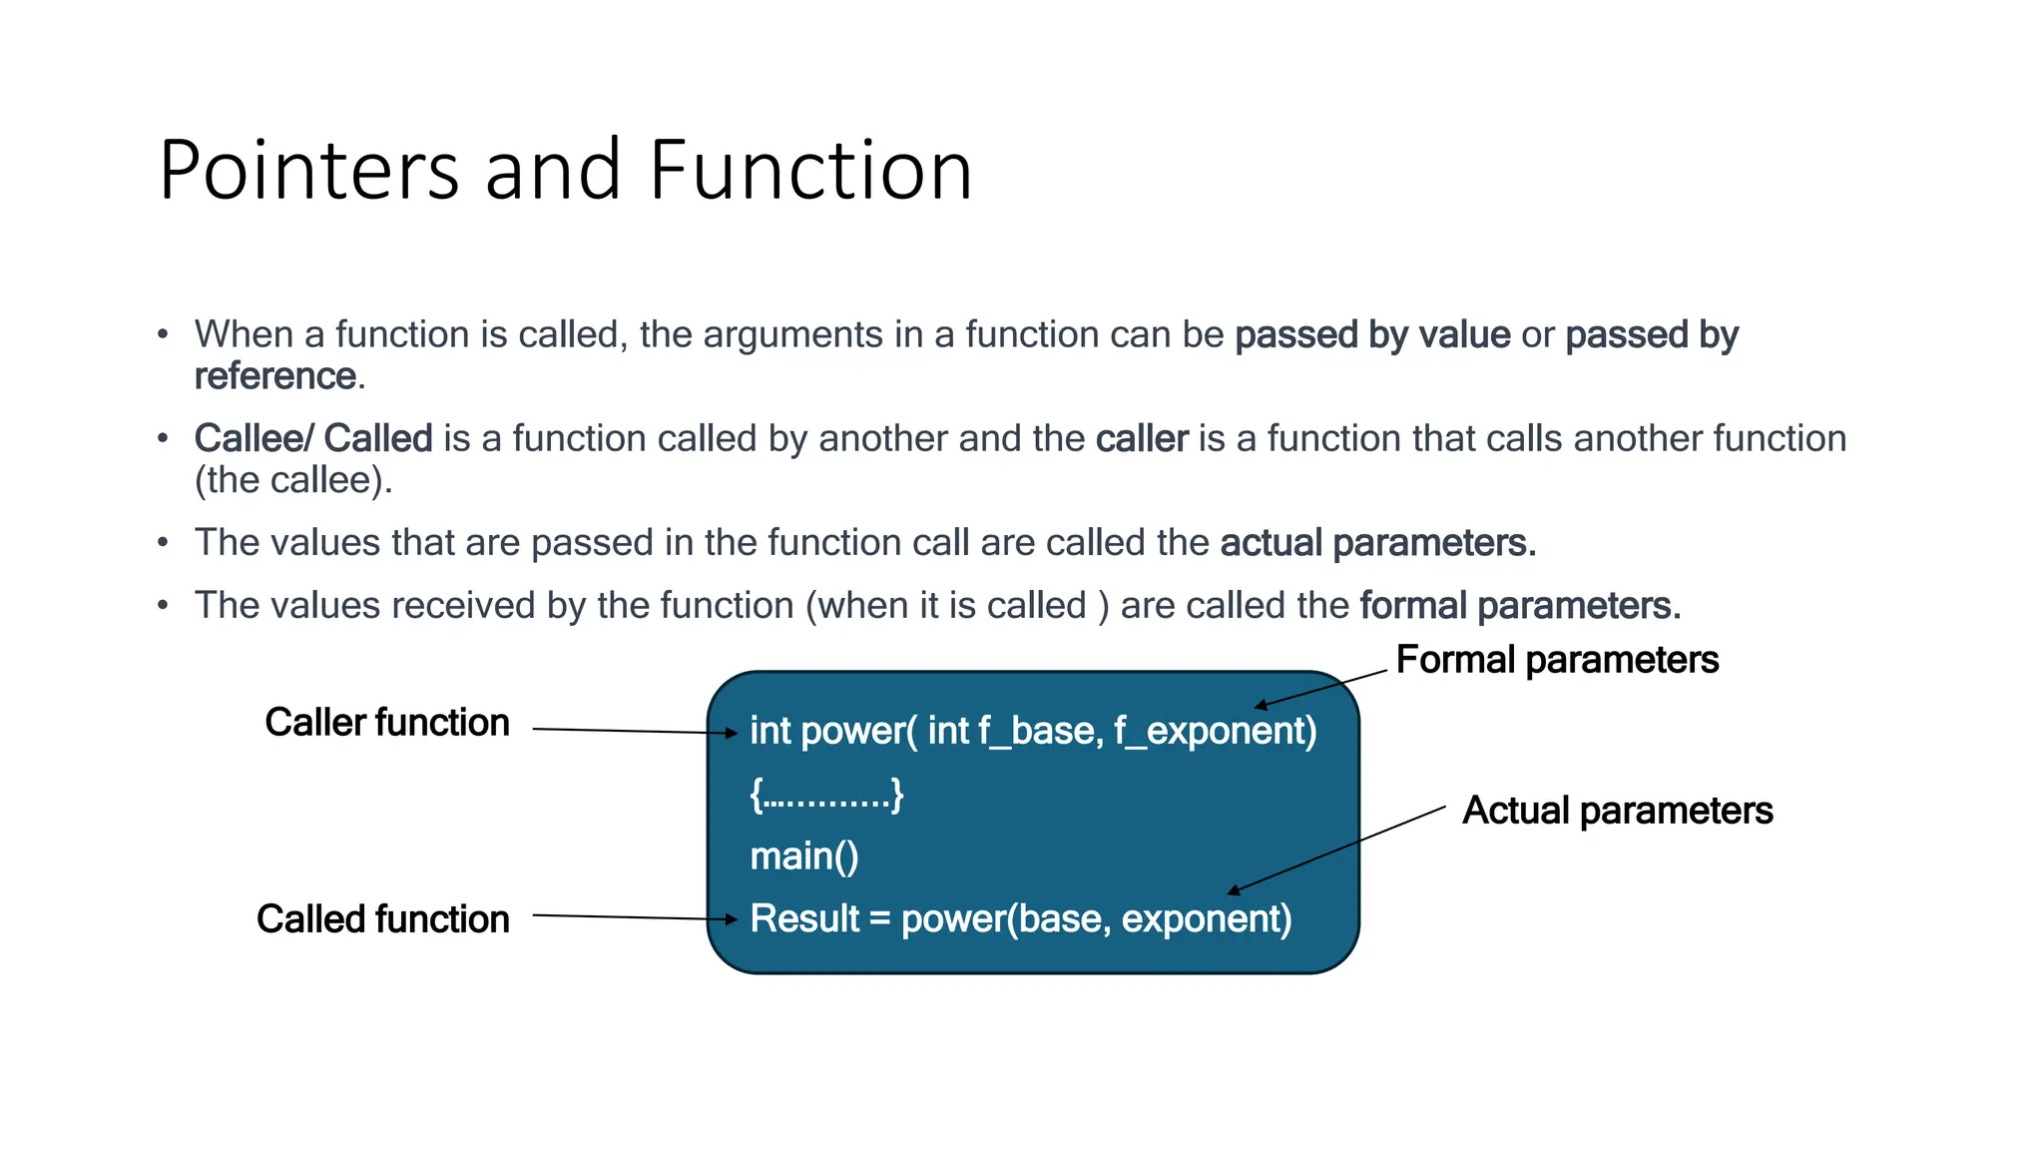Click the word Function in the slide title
[x=810, y=171]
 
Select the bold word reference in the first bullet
[x=274, y=376]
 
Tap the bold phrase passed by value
[x=1371, y=334]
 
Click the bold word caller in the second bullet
[x=1141, y=438]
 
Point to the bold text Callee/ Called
[x=312, y=438]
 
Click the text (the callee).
[x=292, y=480]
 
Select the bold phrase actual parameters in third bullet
[x=1376, y=543]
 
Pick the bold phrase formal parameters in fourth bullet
[x=1519, y=606]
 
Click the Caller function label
[x=386, y=722]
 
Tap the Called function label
[x=382, y=918]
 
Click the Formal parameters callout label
[x=1556, y=660]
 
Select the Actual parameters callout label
[x=1617, y=811]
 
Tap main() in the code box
[x=803, y=857]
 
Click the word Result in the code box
[x=803, y=918]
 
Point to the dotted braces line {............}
[x=826, y=795]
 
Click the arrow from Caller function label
[x=634, y=732]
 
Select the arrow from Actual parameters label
[x=1337, y=849]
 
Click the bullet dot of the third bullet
[x=163, y=543]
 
